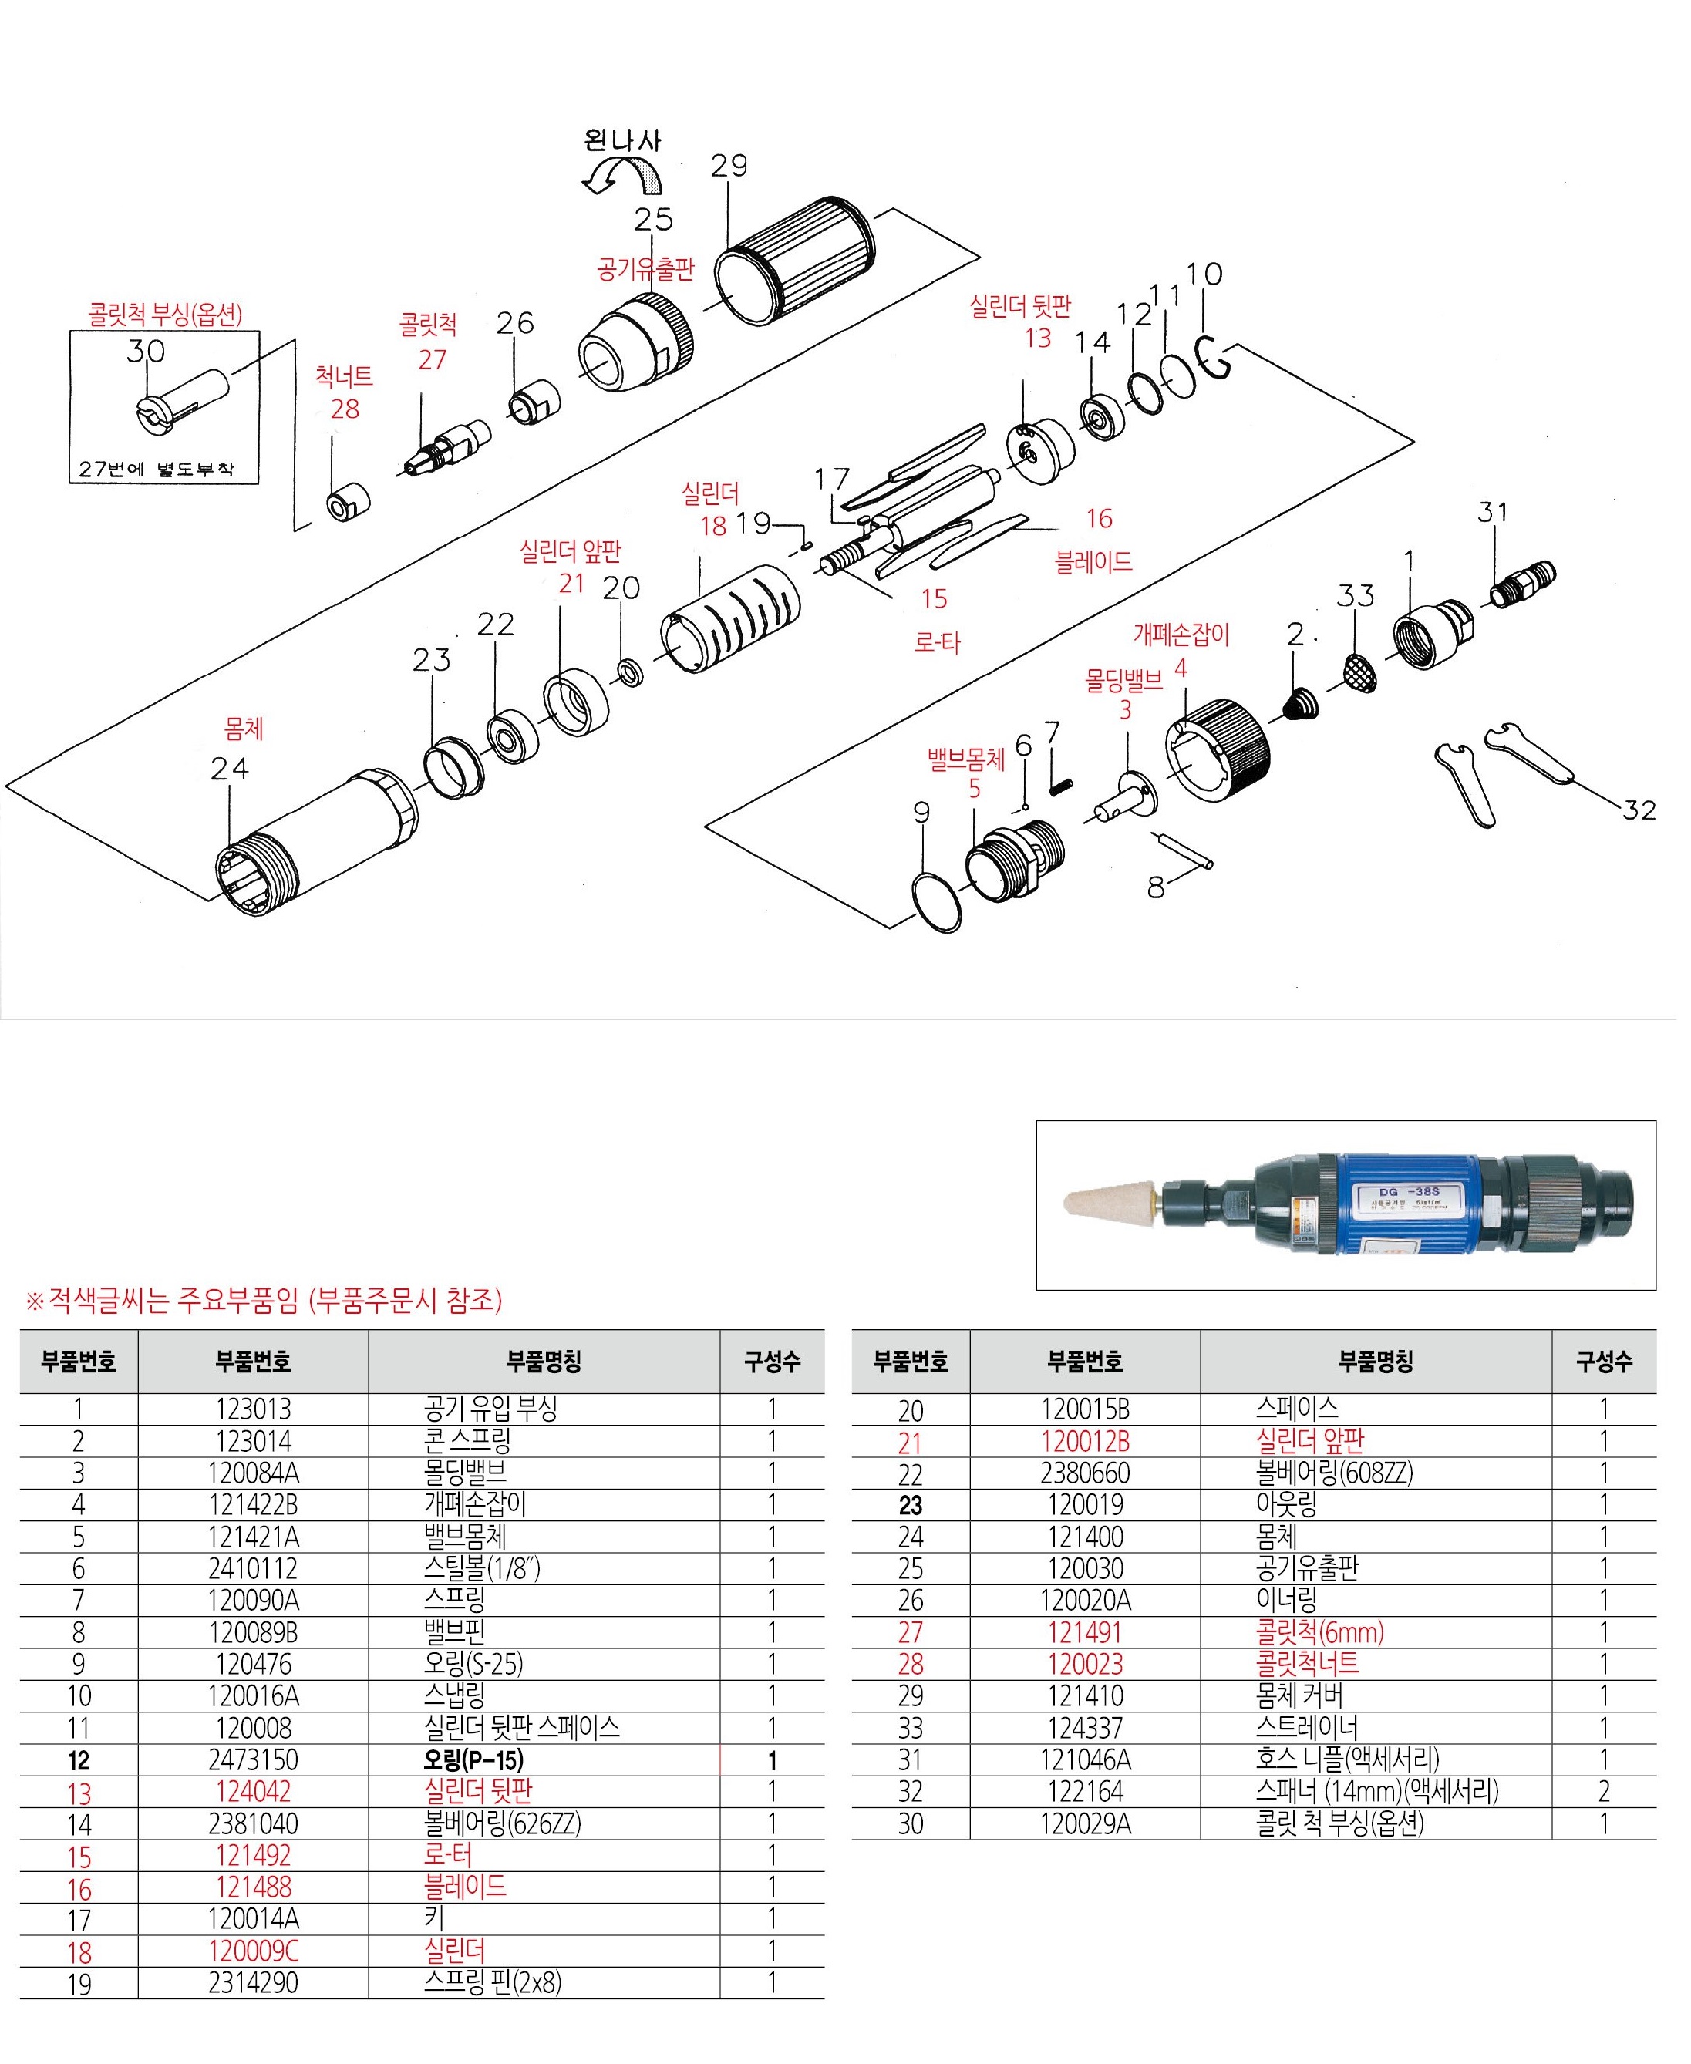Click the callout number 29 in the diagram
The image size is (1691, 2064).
coord(736,167)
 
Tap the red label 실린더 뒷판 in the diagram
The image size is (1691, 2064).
coord(1029,308)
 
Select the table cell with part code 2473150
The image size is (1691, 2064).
coord(255,1776)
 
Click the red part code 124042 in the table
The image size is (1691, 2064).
coord(255,1808)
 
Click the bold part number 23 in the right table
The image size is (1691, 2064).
coord(918,1520)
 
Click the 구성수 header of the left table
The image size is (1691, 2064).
coord(780,1373)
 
